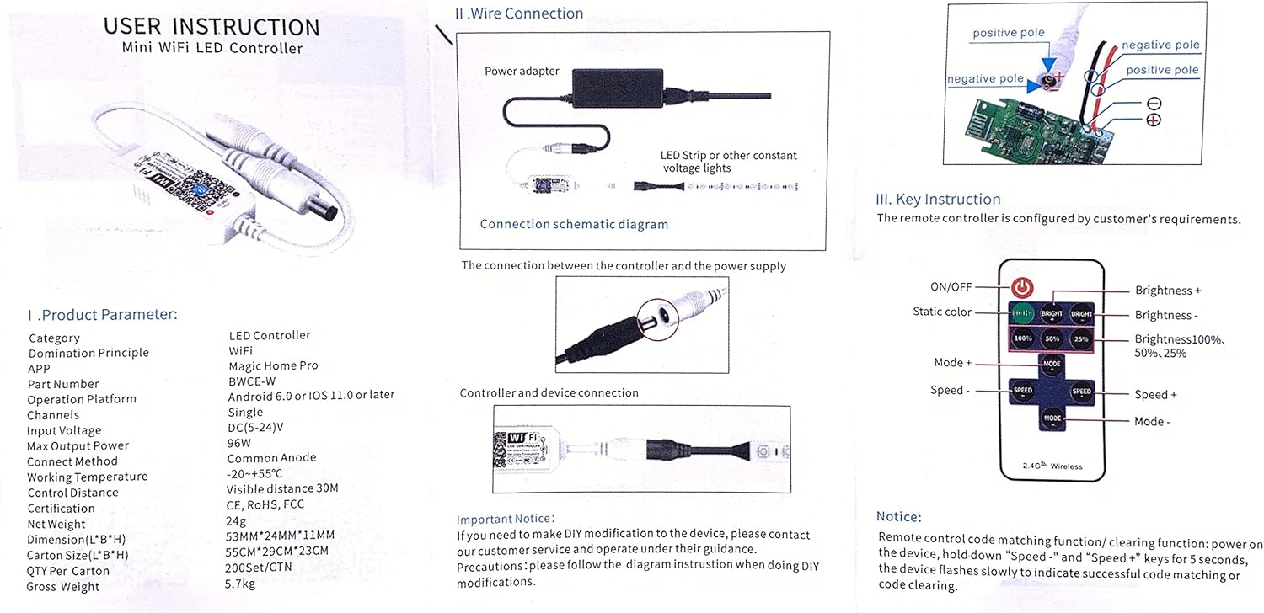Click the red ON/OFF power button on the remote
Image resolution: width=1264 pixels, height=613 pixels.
pos(1022,288)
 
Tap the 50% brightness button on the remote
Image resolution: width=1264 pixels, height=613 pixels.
pos(1052,338)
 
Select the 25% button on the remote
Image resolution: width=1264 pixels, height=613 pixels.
pos(1081,338)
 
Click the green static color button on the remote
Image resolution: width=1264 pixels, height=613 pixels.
pos(1022,313)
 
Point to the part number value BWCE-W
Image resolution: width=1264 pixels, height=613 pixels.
pos(252,381)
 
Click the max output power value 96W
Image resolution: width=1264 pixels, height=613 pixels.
pos(239,443)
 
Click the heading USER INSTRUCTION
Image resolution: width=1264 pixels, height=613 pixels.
pos(212,26)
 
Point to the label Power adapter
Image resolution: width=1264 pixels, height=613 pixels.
pos(522,72)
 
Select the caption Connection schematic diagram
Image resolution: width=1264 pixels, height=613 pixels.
pos(574,224)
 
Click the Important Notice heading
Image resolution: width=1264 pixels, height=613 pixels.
pos(506,519)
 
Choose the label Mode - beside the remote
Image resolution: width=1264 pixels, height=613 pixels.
pos(1152,421)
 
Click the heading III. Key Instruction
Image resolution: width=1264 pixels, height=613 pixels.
pos(938,200)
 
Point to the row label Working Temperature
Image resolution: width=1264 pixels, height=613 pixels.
pos(87,477)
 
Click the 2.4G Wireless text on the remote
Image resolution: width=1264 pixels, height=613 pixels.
pos(1052,466)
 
